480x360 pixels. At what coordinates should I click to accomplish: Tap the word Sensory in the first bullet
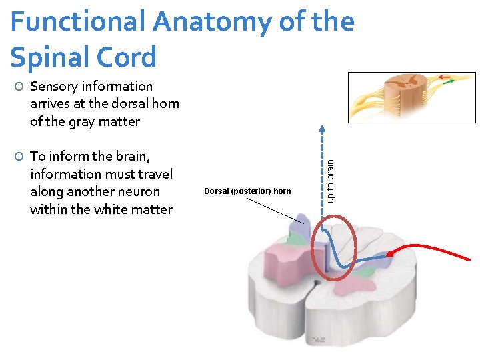[54, 87]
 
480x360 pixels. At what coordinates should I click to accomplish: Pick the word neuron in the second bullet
[136, 192]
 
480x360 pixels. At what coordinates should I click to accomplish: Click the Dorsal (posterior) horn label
[247, 191]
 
